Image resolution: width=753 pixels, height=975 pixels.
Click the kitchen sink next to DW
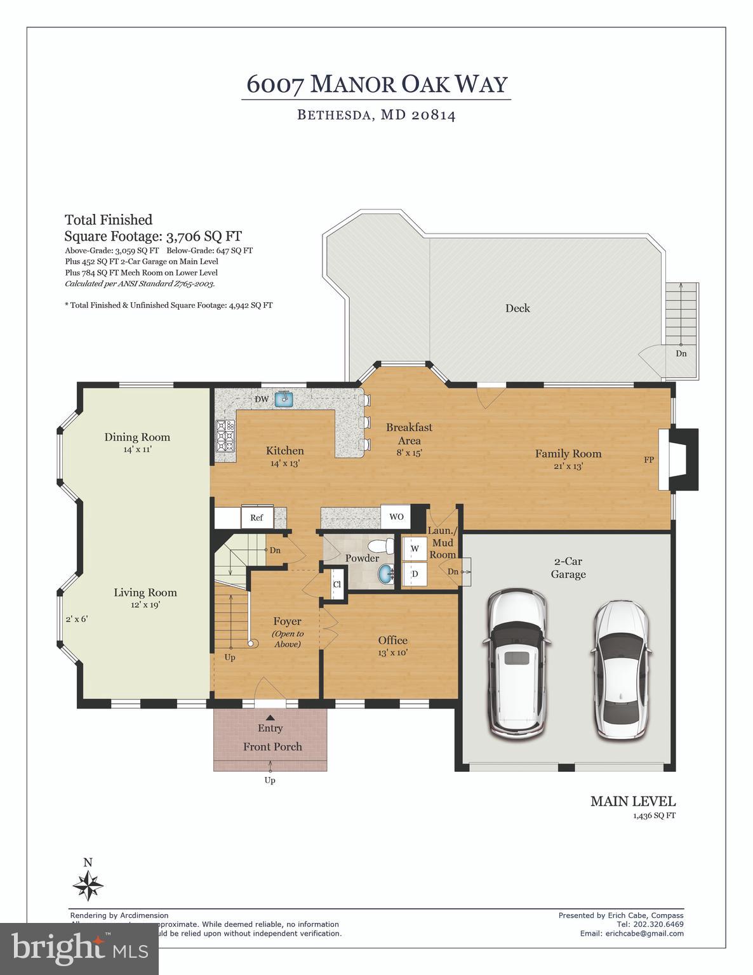(284, 399)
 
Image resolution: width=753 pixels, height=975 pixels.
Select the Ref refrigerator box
(257, 517)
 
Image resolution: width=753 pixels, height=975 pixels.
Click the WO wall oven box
(396, 517)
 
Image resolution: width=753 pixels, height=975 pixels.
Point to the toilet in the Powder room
(380, 546)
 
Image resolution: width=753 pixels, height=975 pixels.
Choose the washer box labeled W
(415, 548)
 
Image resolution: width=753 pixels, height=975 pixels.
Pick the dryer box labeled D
(415, 574)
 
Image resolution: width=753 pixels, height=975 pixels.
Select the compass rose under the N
(88, 885)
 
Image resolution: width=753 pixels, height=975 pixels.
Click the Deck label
(517, 308)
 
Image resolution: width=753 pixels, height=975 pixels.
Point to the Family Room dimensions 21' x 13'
(568, 466)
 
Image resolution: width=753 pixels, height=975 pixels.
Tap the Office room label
(392, 640)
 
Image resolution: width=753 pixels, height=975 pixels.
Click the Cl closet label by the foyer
(337, 585)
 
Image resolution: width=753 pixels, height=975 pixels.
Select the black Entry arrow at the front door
(270, 717)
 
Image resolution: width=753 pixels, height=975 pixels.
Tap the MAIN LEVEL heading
(632, 801)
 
